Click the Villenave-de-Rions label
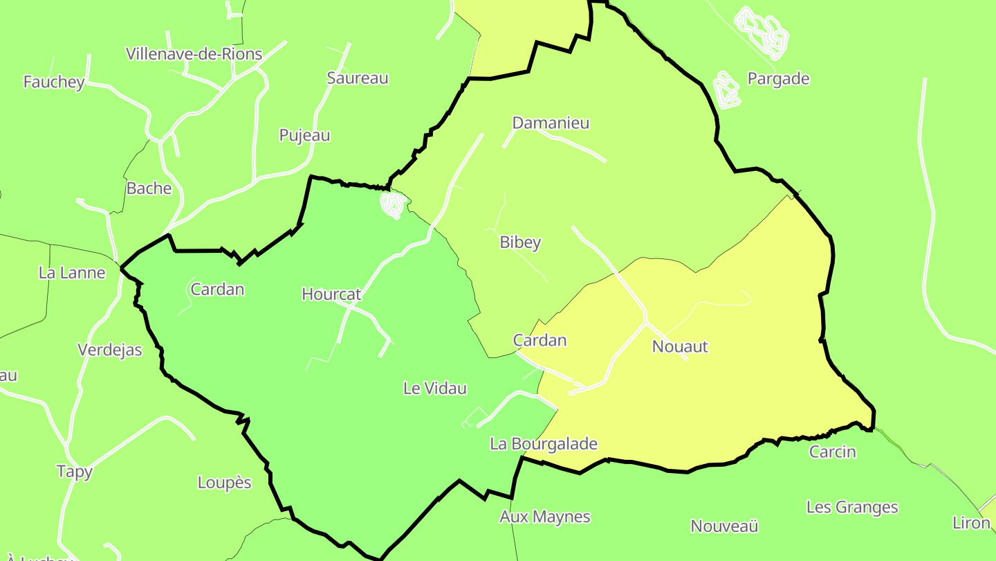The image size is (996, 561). point(194,54)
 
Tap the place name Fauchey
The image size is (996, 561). point(54,82)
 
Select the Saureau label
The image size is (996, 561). point(358,78)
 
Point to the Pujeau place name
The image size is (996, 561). point(304,135)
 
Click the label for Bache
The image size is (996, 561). point(149,188)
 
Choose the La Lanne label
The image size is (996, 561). point(72,273)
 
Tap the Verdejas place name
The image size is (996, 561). point(110,350)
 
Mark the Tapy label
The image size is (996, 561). point(74,472)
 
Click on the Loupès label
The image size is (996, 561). point(225,482)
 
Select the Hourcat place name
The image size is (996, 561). point(331,294)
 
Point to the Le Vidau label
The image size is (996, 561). point(434,389)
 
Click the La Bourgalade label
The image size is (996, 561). point(543,444)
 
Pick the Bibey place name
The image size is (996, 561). point(520,242)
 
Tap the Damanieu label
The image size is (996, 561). point(551,123)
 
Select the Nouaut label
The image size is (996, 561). point(680,346)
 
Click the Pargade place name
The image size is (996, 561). point(778,79)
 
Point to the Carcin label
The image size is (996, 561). point(833,452)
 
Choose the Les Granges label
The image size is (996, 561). point(852,507)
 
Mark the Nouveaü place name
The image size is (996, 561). point(724,526)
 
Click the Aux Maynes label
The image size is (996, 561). point(545,517)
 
